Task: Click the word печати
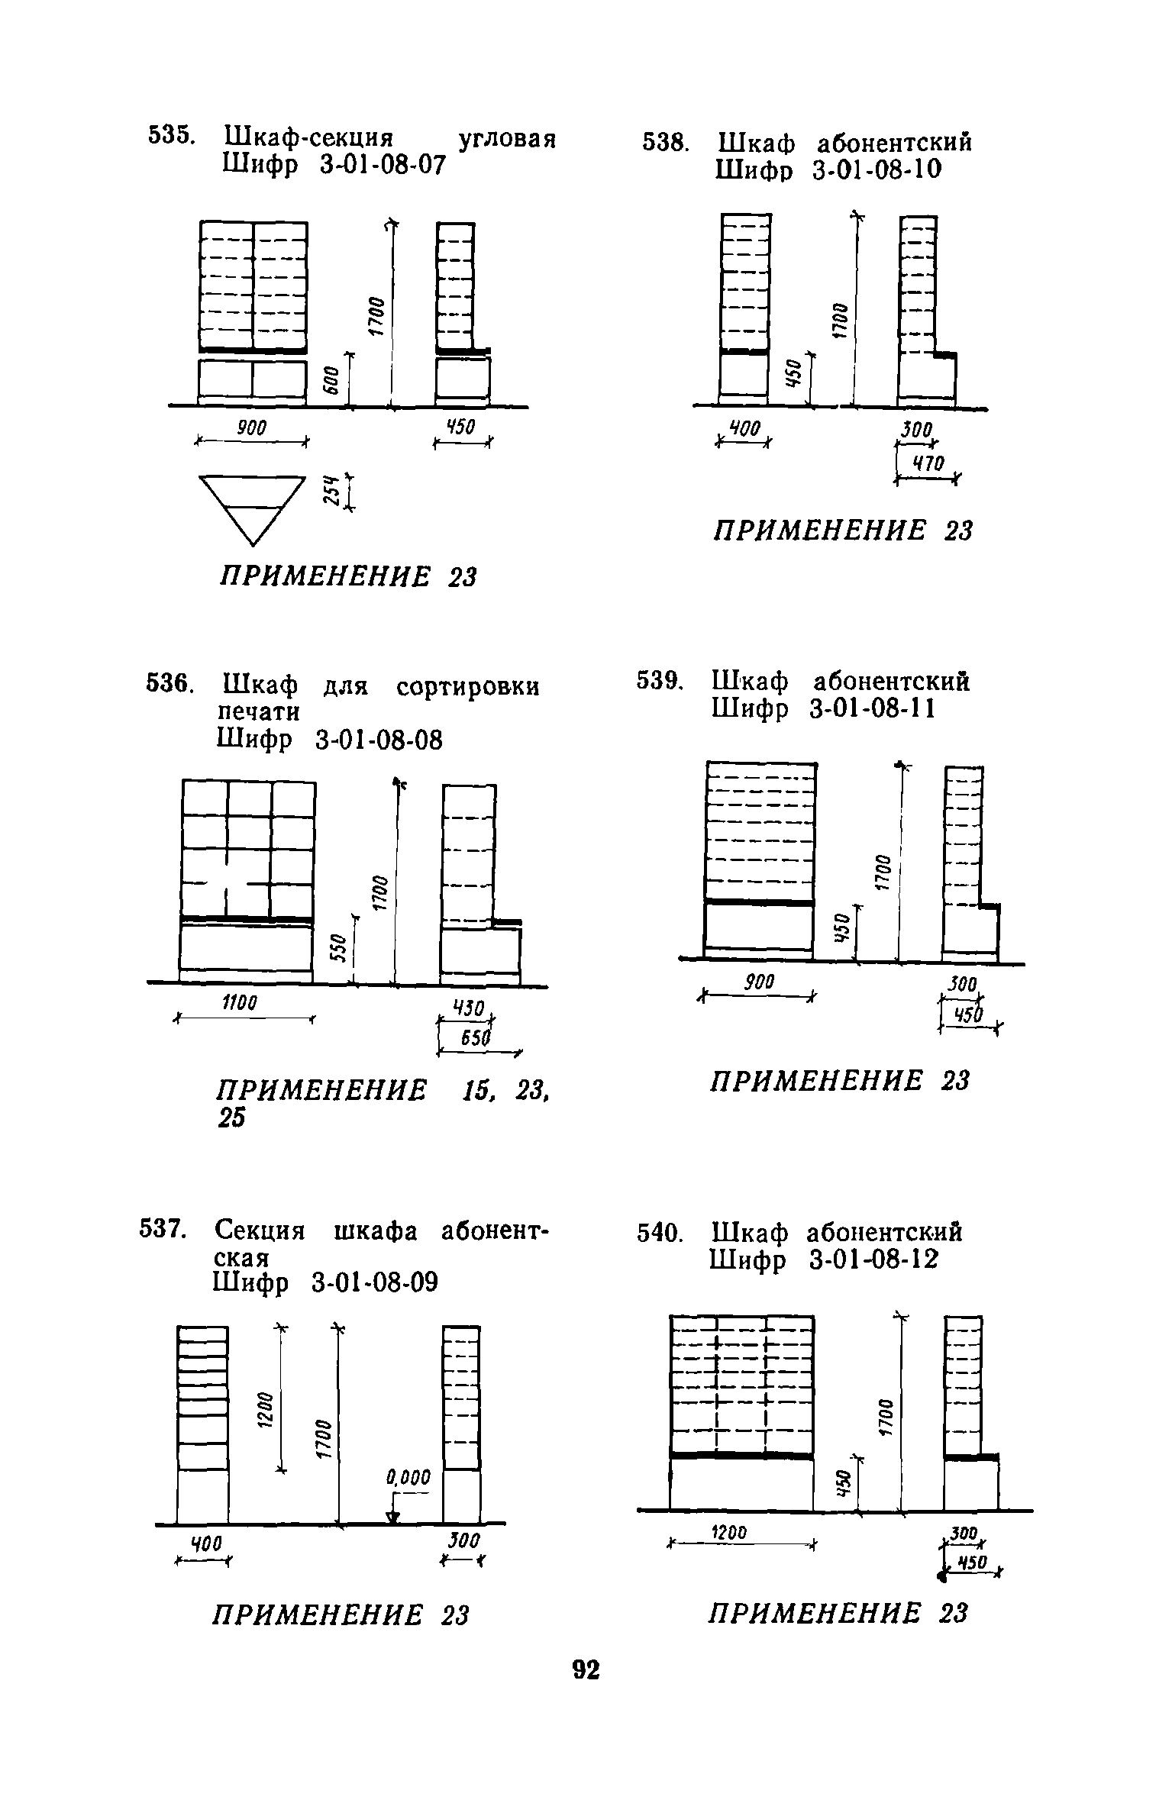(257, 711)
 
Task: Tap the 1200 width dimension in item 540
(729, 1532)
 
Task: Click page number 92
(586, 1670)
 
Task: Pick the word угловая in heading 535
(506, 140)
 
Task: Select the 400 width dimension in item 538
(744, 431)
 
